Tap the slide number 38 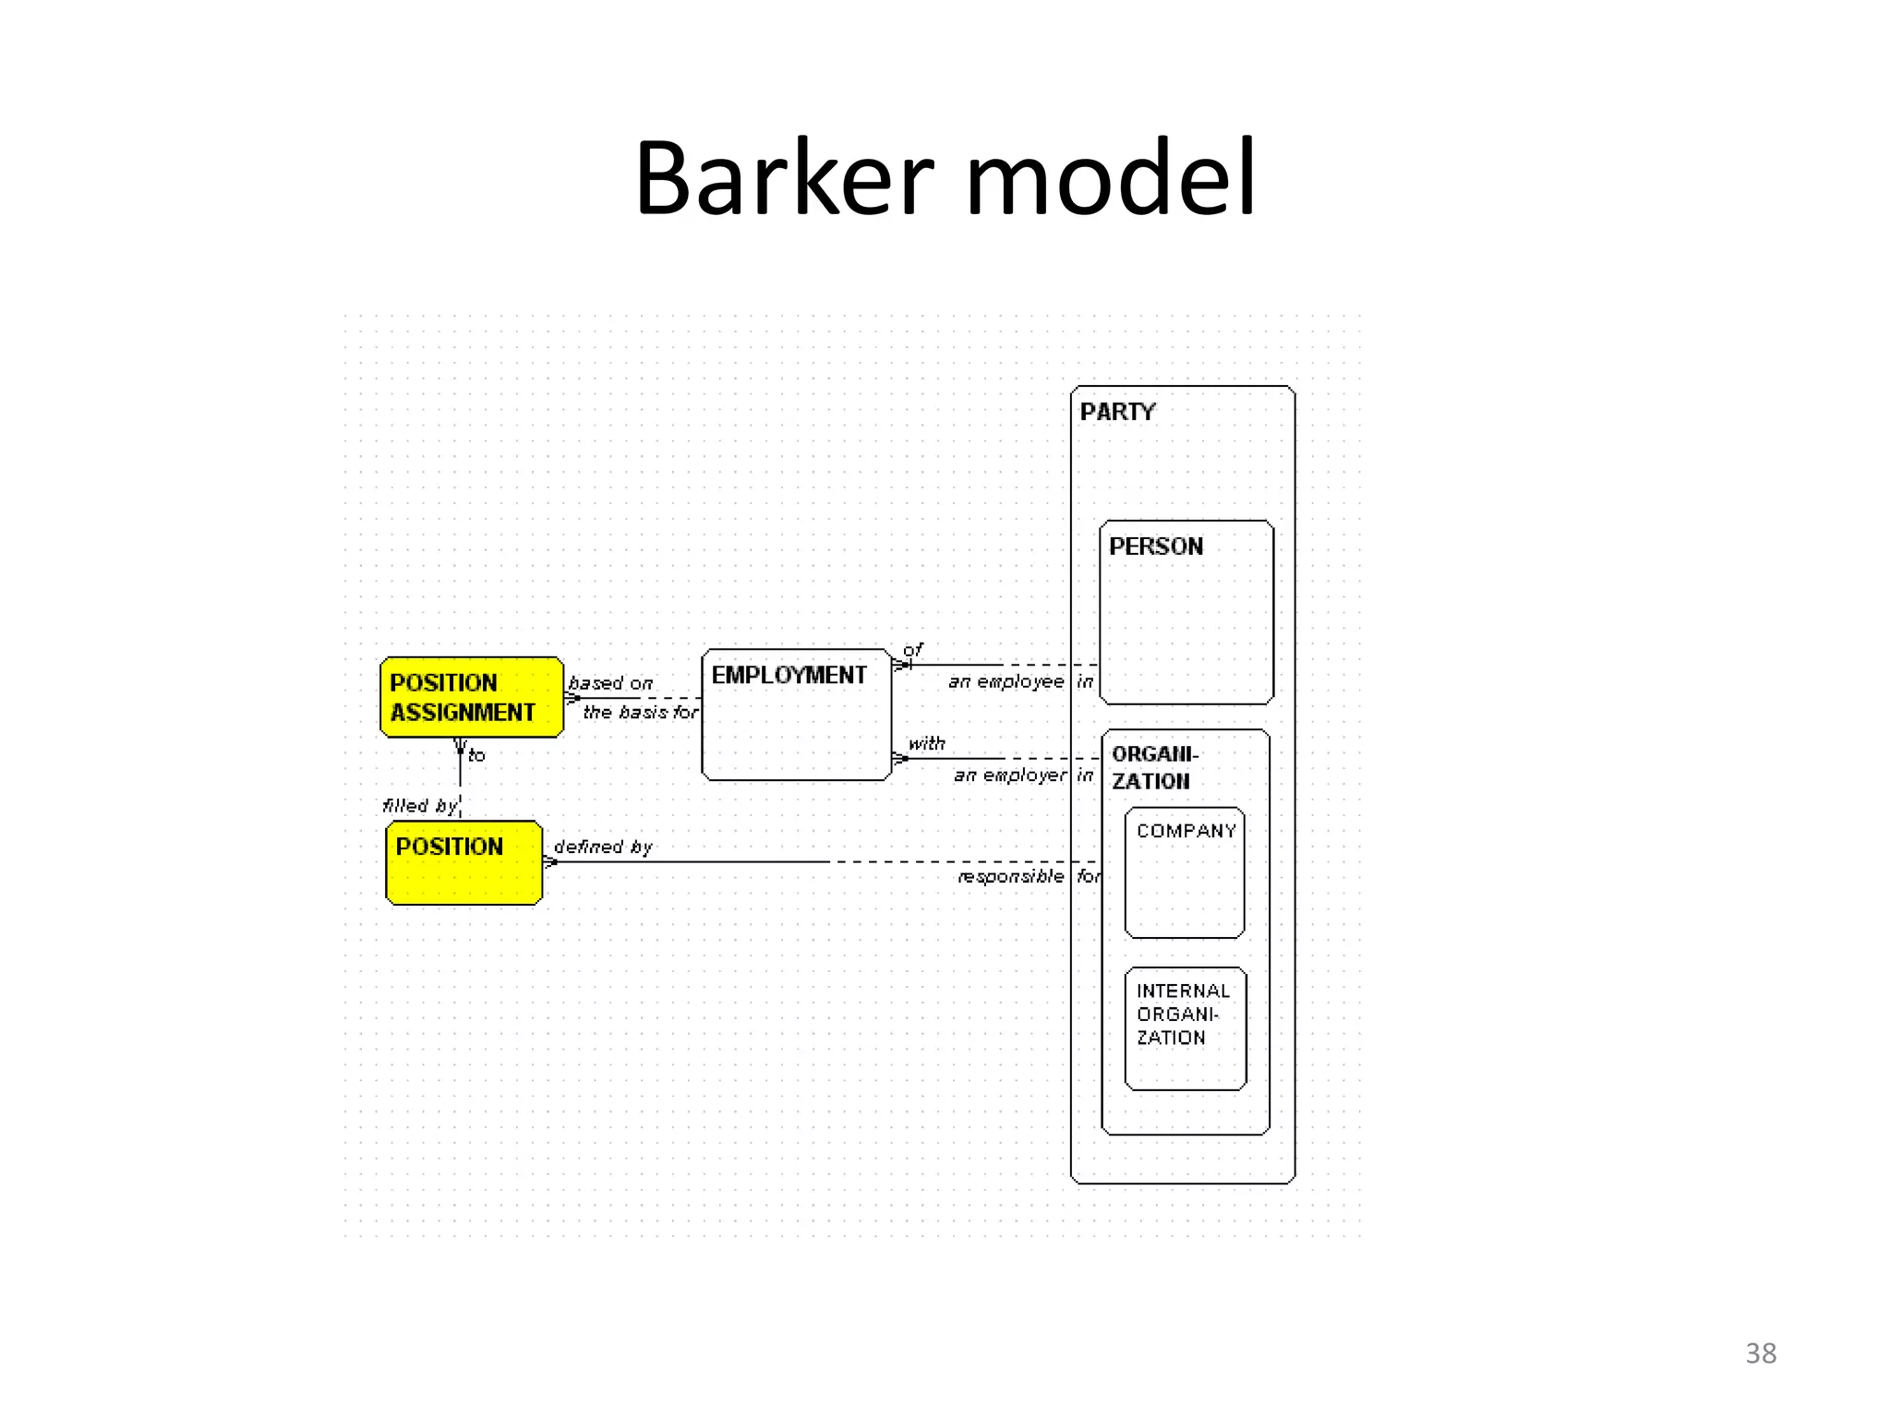[1760, 1352]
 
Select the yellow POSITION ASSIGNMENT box [471, 697]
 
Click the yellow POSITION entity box [464, 862]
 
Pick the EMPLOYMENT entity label [789, 675]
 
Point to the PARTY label [1117, 412]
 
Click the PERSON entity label [1156, 547]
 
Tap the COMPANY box [1185, 872]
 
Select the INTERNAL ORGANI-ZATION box [1185, 1027]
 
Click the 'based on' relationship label [610, 683]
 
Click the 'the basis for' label [640, 712]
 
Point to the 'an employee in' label [1020, 682]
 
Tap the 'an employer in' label [1023, 775]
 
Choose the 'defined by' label [603, 847]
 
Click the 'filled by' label [420, 806]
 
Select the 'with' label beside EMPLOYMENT [926, 743]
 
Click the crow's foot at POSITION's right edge [550, 862]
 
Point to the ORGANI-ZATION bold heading [1153, 767]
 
